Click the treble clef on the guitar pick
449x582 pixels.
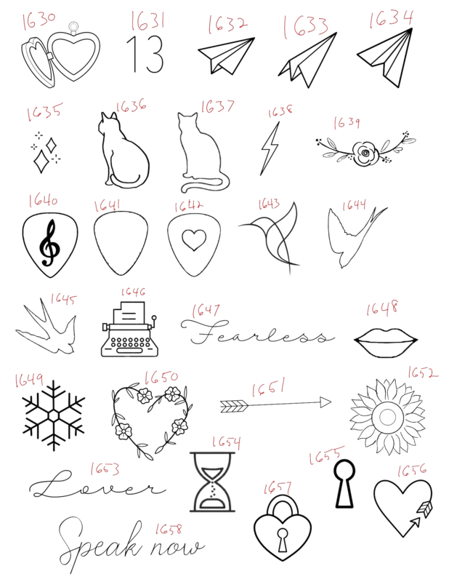coord(49,243)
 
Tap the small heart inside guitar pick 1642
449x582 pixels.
coord(194,240)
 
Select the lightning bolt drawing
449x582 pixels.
coord(270,148)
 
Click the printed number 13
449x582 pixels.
coord(145,54)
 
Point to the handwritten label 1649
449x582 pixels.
coord(29,380)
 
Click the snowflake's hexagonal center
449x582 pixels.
coord(54,415)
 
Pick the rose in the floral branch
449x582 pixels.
coord(365,153)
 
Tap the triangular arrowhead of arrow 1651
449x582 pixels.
coord(325,402)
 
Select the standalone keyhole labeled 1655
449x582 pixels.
coord(344,484)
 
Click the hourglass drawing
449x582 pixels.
coord(212,482)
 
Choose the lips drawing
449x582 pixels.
coord(386,342)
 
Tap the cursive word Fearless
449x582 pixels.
coord(257,332)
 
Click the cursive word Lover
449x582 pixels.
coord(97,485)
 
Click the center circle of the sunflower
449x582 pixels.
coord(387,417)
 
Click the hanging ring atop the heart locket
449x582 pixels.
coord(73,27)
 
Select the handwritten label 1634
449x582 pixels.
coord(391,19)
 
